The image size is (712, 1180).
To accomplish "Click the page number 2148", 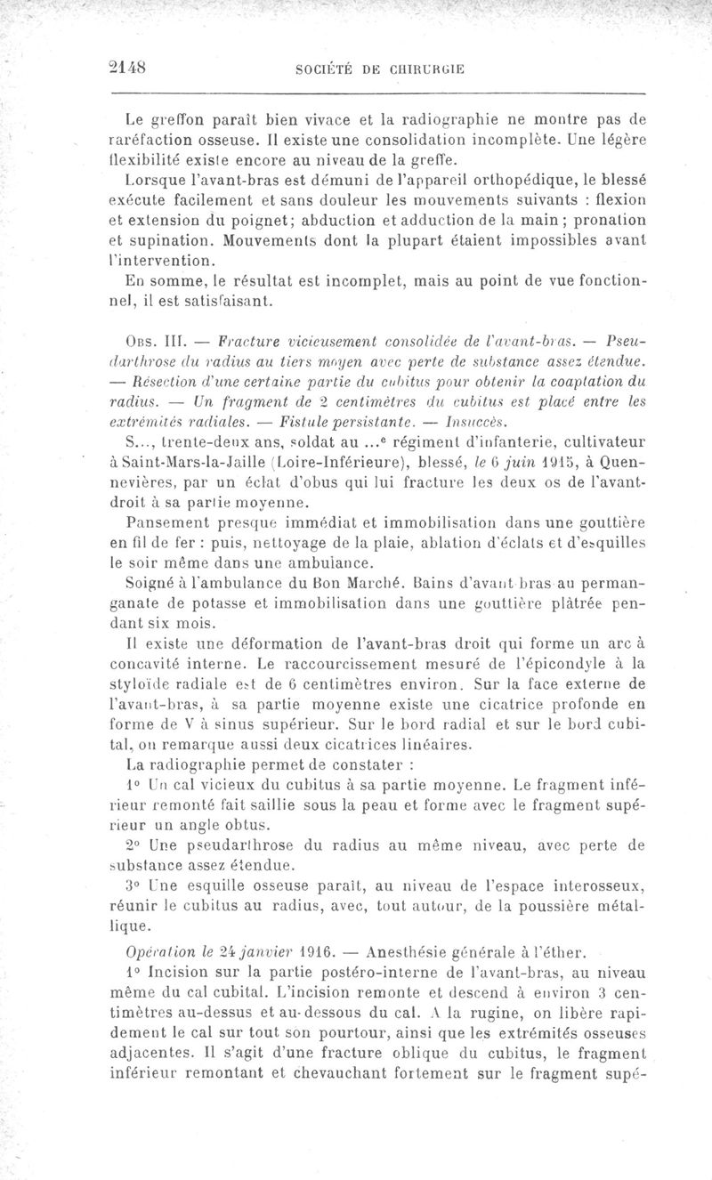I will [x=125, y=66].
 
